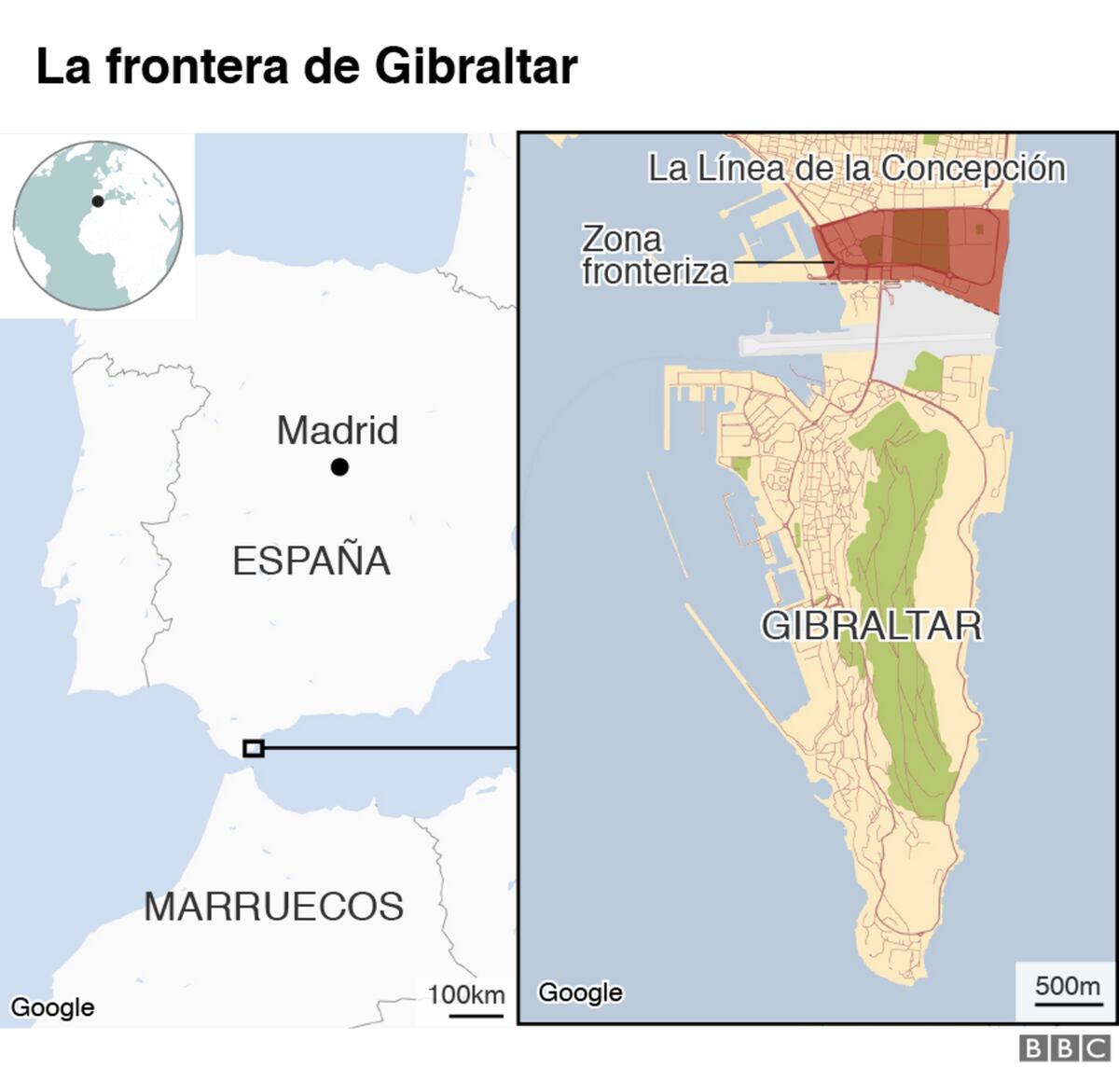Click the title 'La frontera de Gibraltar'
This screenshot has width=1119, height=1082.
pos(306,66)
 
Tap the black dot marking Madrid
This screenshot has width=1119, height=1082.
pos(339,466)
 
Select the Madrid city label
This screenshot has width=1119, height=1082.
pos(338,431)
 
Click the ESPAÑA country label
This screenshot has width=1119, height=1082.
pos(311,562)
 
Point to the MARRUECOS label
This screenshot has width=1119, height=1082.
pos(273,907)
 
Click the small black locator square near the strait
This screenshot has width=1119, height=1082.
pos(253,748)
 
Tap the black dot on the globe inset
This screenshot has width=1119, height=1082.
pos(98,201)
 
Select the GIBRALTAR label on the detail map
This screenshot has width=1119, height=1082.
pos(872,625)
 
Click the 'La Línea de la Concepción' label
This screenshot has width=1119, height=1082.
pos(856,169)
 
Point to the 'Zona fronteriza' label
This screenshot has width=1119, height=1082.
pos(654,255)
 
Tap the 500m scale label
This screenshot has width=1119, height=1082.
pos(1068,987)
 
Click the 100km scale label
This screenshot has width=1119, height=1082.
pos(466,995)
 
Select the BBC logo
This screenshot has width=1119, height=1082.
pos(1065,1048)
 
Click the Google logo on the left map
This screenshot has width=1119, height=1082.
pos(52,1007)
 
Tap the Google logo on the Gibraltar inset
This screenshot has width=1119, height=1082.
pos(580,992)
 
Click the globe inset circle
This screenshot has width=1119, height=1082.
pos(98,226)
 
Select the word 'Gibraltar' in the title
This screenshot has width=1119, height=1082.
pos(476,66)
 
